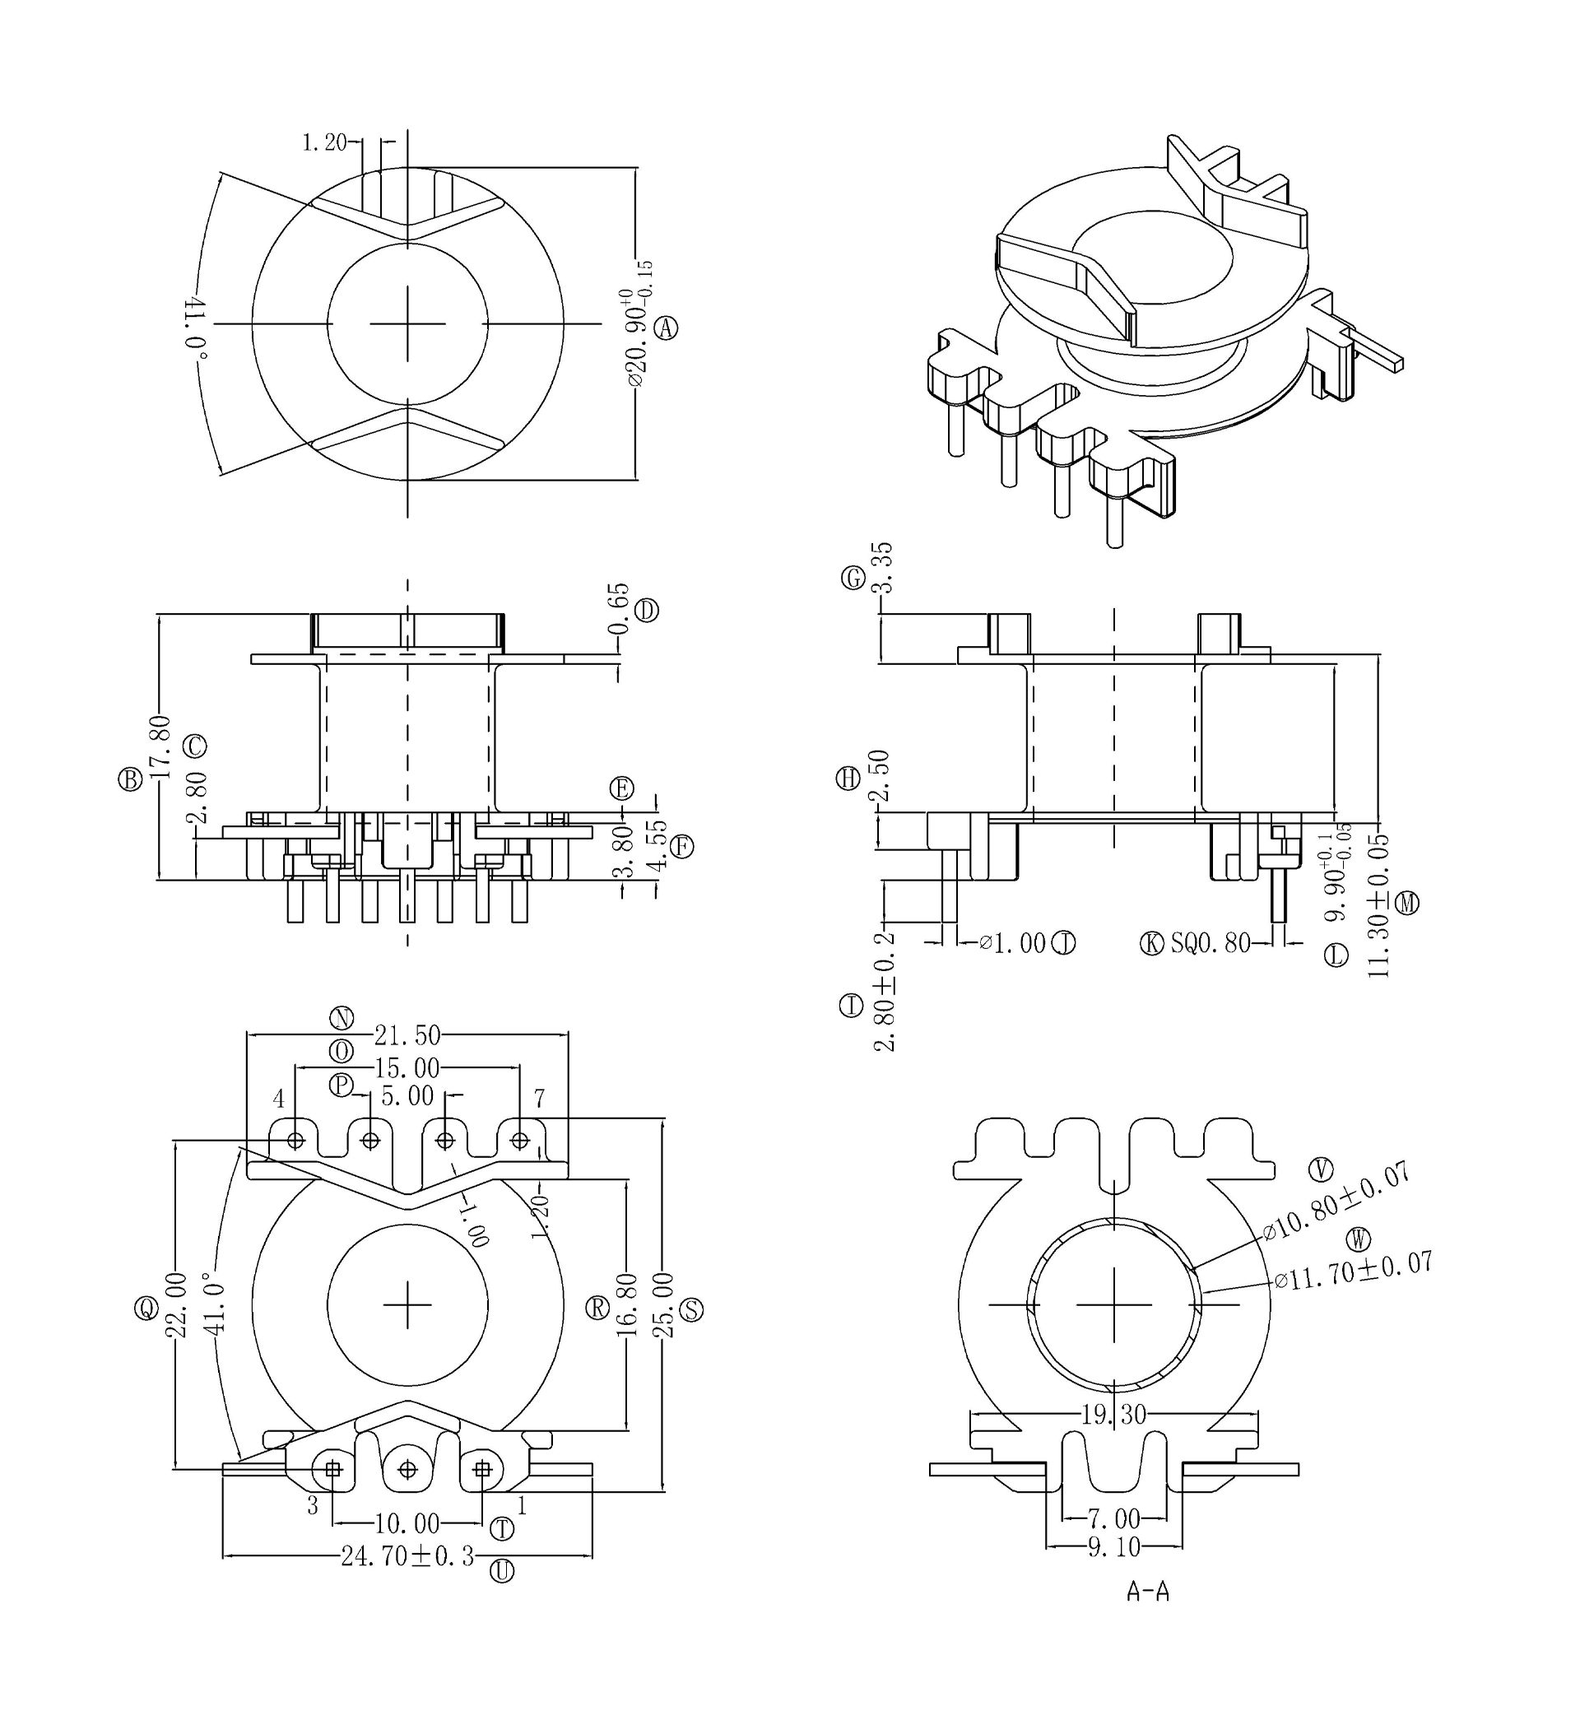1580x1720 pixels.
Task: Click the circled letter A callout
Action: point(666,328)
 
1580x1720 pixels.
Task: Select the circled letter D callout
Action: point(647,611)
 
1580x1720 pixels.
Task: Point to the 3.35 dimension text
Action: point(882,567)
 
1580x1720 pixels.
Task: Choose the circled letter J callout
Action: point(1062,943)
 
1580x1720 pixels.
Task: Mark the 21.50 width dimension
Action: point(407,1036)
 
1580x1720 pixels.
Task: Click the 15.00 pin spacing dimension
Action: point(407,1068)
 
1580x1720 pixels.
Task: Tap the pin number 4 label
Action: point(279,1099)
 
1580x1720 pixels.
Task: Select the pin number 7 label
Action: point(539,1098)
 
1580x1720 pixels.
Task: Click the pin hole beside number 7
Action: point(520,1141)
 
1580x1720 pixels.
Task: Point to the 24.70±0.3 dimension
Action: point(407,1557)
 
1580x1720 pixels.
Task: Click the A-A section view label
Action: point(1147,1591)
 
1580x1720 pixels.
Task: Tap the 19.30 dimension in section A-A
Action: point(1113,1416)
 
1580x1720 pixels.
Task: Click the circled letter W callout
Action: point(1357,1238)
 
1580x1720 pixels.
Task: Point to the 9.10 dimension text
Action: point(1113,1547)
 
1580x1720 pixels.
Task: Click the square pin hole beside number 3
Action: point(332,1470)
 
